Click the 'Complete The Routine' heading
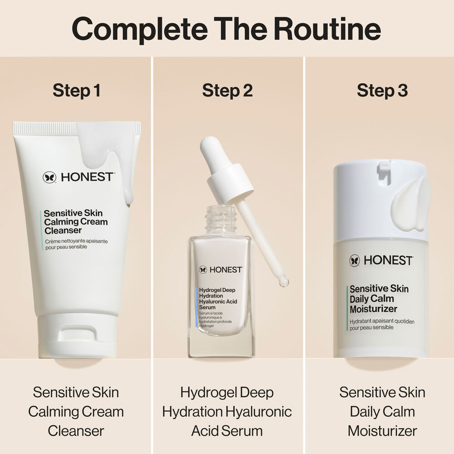pyautogui.click(x=227, y=28)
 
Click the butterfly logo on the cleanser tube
pyautogui.click(x=49, y=177)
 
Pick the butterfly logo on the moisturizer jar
pyautogui.click(x=355, y=261)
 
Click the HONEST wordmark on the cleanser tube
pyautogui.click(x=86, y=177)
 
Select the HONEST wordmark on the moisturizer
pyautogui.click(x=387, y=261)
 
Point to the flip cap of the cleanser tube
pyautogui.click(x=77, y=336)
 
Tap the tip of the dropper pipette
pyautogui.click(x=284, y=282)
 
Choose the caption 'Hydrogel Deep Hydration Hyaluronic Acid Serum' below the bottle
pyautogui.click(x=227, y=411)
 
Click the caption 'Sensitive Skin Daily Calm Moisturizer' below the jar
pyautogui.click(x=382, y=411)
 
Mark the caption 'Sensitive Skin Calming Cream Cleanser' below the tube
pyautogui.click(x=76, y=411)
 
